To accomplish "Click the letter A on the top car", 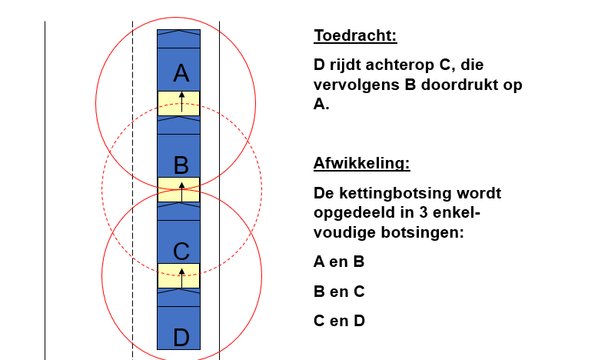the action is (181, 73).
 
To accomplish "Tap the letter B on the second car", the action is (181, 165).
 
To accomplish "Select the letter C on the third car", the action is (181, 252).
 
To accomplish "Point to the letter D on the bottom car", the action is (181, 338).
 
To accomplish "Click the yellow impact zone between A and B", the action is (179, 104).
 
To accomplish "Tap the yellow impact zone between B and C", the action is (179, 190).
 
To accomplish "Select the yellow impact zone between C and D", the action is (179, 276).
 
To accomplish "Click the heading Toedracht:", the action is (356, 35).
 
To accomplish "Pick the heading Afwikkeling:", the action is (362, 163).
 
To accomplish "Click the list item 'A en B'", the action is (339, 262).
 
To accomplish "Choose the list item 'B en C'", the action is (339, 292).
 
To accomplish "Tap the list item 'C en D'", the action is (339, 322).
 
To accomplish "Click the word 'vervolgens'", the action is (357, 85).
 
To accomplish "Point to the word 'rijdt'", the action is (346, 65).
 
